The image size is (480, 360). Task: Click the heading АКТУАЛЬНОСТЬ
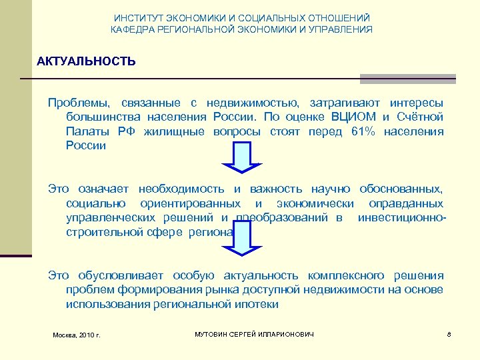pyautogui.click(x=87, y=62)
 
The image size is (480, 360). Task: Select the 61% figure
pyautogui.click(x=363, y=131)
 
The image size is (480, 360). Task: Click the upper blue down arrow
pyautogui.click(x=237, y=165)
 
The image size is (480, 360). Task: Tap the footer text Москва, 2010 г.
pyautogui.click(x=76, y=334)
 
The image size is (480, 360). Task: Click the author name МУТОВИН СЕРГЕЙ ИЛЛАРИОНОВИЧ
pyautogui.click(x=253, y=333)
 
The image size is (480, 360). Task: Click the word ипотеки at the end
pyautogui.click(x=257, y=304)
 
